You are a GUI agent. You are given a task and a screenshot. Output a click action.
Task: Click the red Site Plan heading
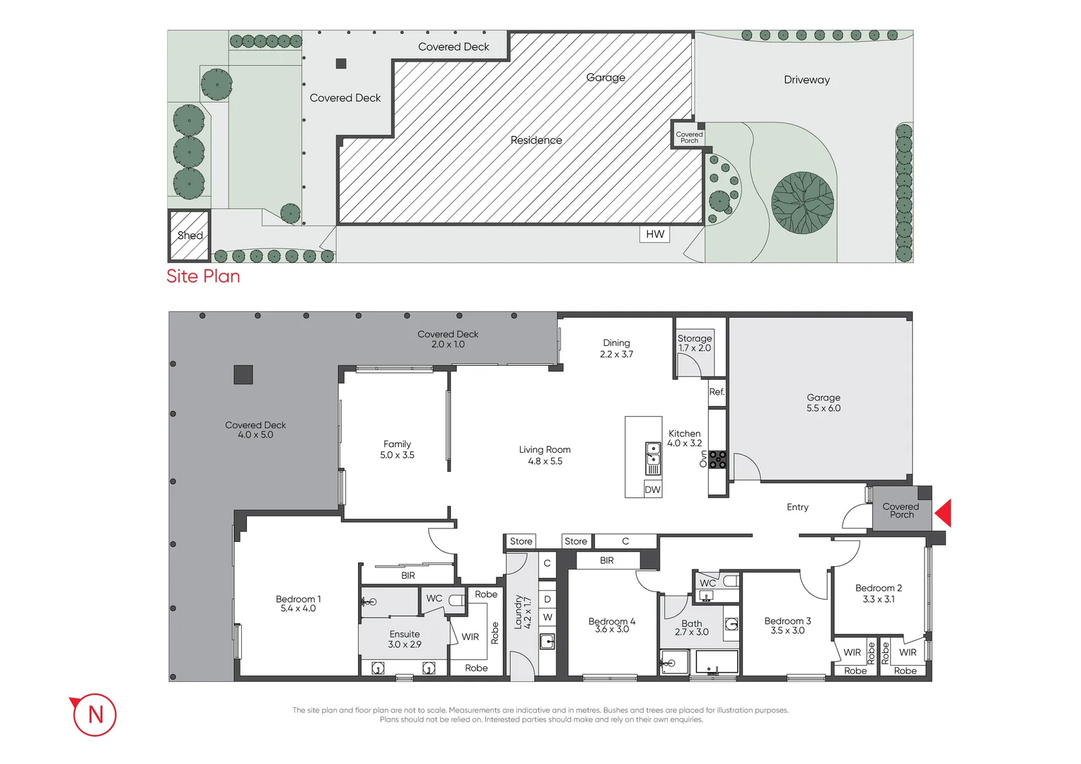(203, 277)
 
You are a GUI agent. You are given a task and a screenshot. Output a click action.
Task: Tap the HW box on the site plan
(655, 234)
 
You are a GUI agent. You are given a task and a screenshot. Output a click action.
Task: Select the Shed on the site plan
(189, 236)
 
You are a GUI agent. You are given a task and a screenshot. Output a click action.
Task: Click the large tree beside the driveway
(802, 203)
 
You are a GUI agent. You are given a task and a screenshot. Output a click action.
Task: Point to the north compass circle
(95, 714)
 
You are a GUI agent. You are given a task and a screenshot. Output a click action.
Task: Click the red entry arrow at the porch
(944, 513)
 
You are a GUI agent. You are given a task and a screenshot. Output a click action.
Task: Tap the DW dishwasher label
(652, 490)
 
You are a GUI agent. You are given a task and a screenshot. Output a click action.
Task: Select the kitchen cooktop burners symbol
(717, 460)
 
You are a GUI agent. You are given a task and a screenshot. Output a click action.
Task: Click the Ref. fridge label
(717, 392)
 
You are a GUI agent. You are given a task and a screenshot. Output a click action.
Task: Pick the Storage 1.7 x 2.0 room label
(694, 343)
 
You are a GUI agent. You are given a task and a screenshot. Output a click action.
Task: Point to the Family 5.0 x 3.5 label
(397, 450)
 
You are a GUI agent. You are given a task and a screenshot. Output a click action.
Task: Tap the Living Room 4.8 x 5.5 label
(545, 456)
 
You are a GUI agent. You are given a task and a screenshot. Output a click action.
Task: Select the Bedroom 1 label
(298, 603)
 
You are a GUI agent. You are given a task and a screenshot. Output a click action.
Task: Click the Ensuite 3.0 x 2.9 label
(404, 639)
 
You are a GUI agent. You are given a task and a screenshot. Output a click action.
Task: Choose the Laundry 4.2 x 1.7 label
(522, 613)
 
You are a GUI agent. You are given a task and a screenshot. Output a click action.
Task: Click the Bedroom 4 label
(612, 625)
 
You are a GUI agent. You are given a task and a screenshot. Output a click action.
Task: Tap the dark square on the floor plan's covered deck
(243, 374)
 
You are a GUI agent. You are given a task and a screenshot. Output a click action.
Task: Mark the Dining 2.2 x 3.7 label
(616, 349)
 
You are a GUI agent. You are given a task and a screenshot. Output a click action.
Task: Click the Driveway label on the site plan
(807, 80)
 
